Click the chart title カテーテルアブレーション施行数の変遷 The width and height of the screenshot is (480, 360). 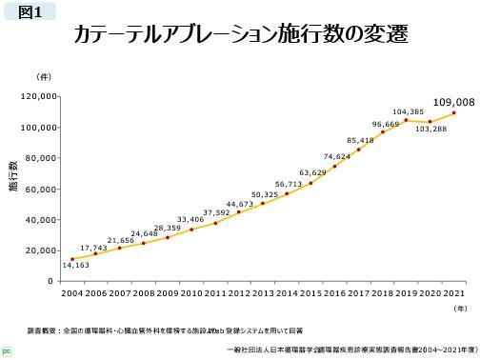pyautogui.click(x=241, y=36)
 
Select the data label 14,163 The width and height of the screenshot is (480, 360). pyautogui.click(x=75, y=265)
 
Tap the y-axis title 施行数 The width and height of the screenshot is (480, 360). pyautogui.click(x=13, y=183)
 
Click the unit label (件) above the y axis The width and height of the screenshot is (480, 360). pyautogui.click(x=44, y=75)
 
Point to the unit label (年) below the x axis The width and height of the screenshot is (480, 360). pyautogui.click(x=460, y=308)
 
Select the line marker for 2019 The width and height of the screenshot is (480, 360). pyautogui.click(x=407, y=120)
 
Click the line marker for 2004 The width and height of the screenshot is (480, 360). pyautogui.click(x=72, y=259)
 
